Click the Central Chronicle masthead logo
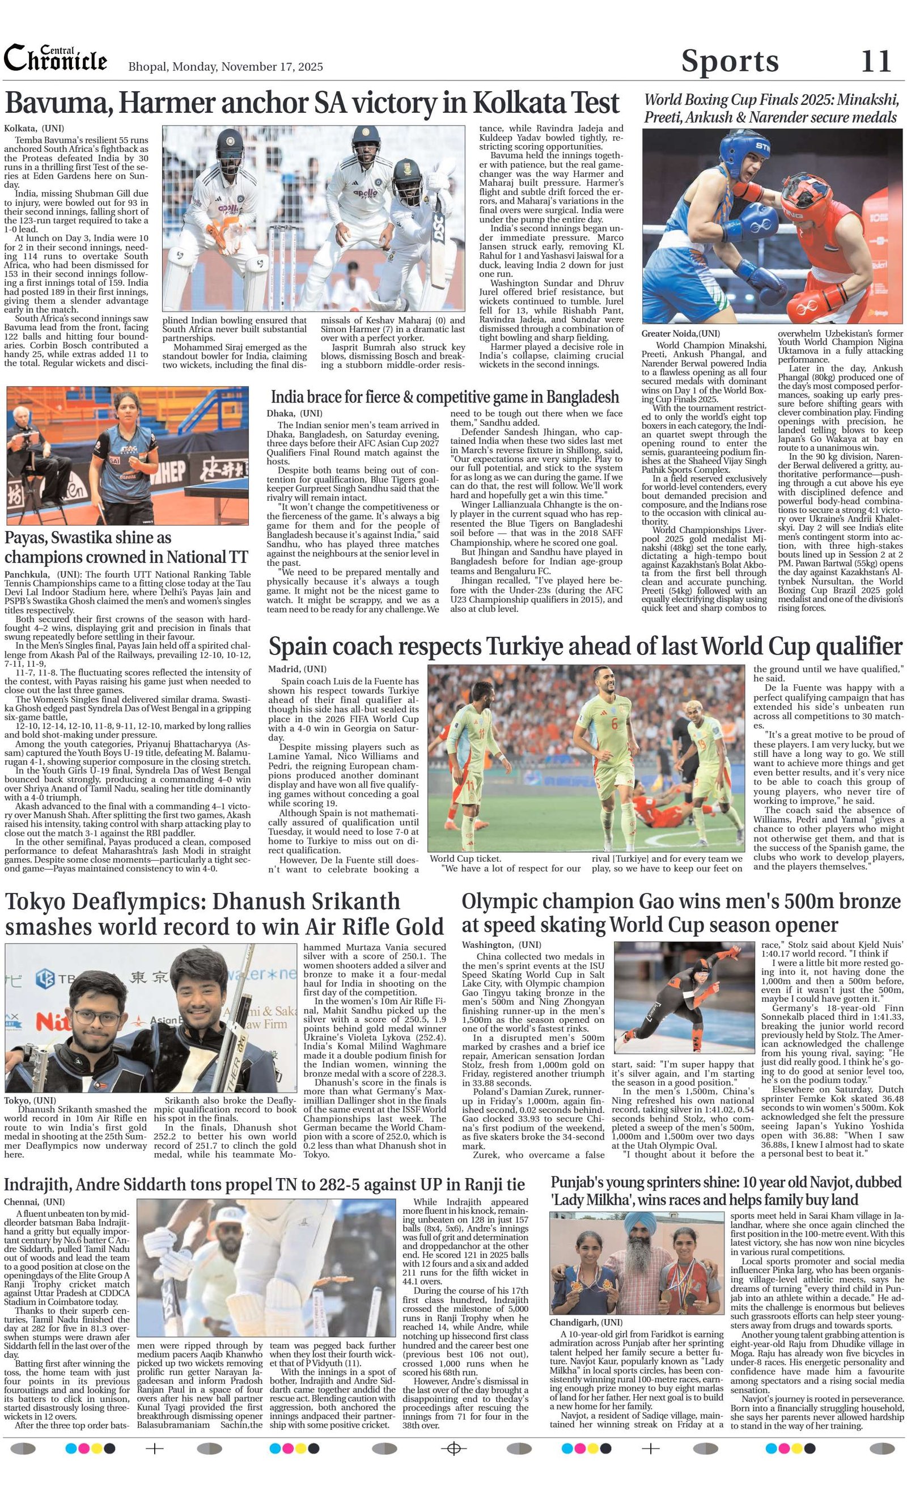click(56, 60)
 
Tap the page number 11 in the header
click(876, 61)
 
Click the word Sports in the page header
click(730, 61)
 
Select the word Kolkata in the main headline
click(516, 103)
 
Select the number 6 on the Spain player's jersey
click(614, 723)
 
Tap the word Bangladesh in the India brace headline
click(582, 397)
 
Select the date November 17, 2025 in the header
click(272, 67)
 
